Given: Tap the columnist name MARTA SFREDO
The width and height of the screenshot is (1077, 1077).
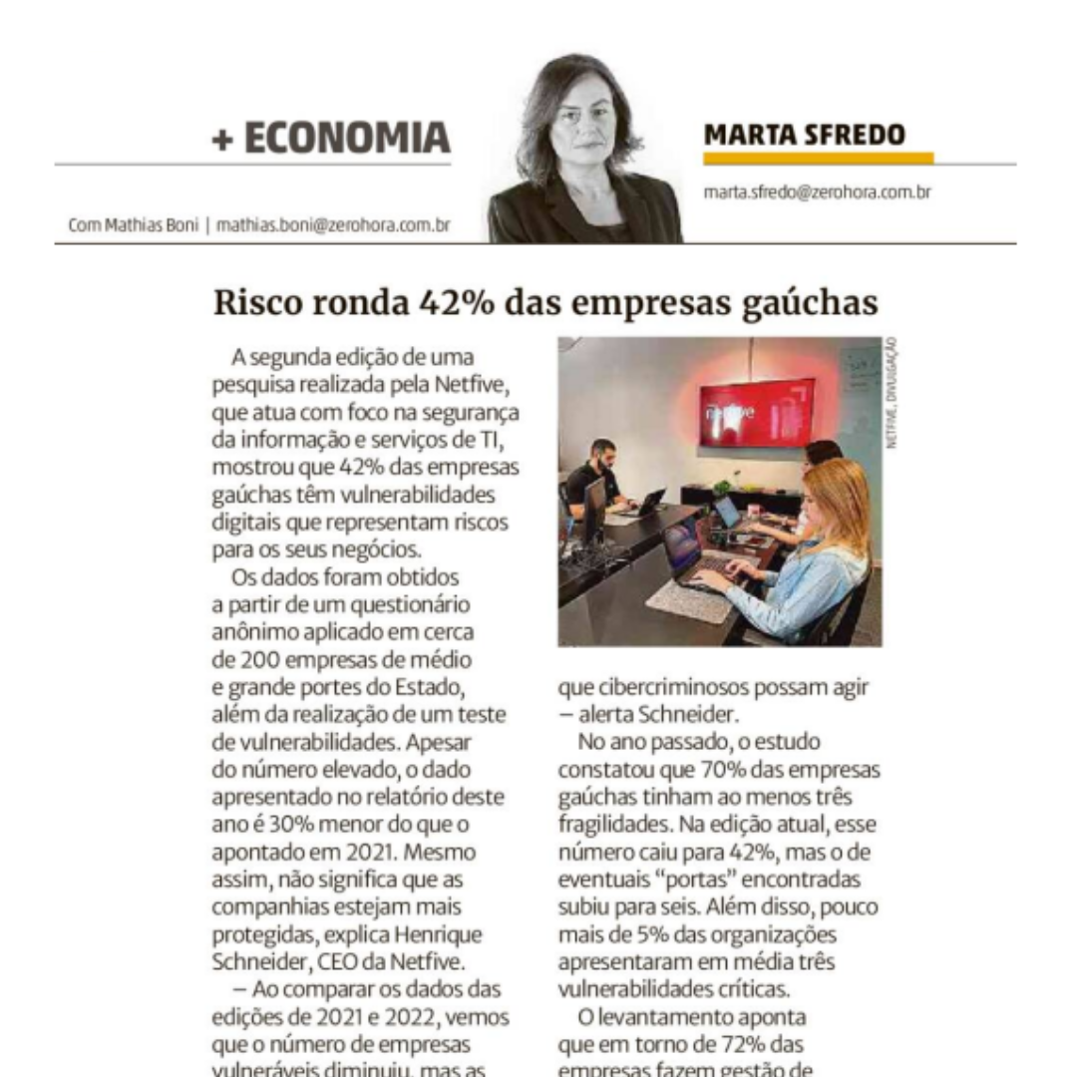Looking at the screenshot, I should coord(805,135).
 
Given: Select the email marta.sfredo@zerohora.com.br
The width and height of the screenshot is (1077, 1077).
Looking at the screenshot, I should coord(817,191).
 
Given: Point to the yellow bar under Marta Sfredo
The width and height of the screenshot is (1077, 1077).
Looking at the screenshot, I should coord(818,159).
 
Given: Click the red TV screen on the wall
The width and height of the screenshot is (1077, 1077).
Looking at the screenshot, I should coord(756,412).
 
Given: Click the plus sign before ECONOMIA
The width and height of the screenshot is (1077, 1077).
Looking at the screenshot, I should coord(222,139).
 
